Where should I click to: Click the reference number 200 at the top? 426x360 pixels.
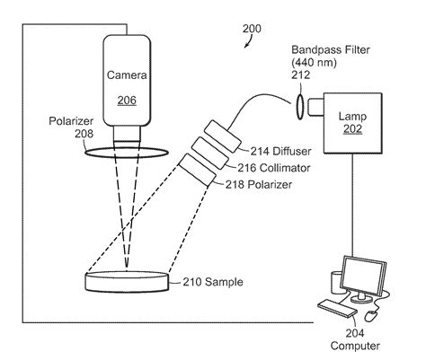[253, 29]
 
